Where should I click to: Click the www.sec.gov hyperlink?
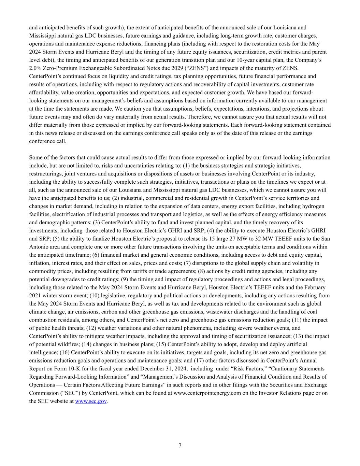pyautogui.click(x=91, y=401)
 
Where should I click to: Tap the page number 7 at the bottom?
pyautogui.click(x=180, y=446)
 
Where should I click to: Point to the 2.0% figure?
pyautogui.click(x=35, y=68)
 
